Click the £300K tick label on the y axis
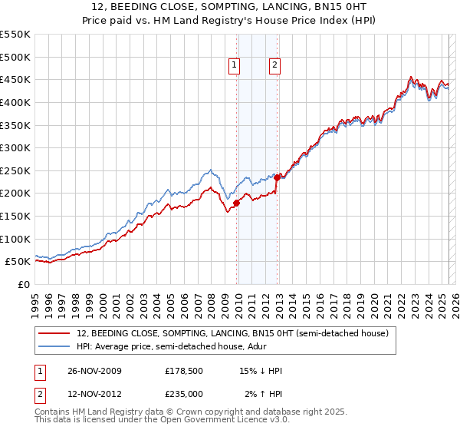tap(15, 147)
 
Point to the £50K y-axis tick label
tap(17, 262)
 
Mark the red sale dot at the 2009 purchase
tap(236, 203)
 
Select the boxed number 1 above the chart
tap(234, 66)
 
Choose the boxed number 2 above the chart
tap(274, 66)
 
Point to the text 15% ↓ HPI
tap(262, 371)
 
